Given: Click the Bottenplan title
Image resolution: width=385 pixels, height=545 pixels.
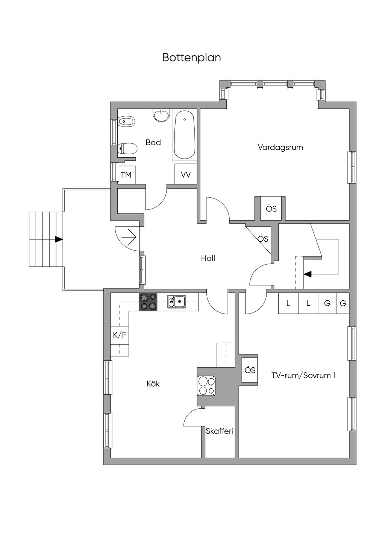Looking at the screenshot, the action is [191, 58].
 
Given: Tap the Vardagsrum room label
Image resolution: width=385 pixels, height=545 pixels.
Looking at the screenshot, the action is [280, 148].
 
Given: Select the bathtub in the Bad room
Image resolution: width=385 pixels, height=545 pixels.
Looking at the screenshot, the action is [185, 134].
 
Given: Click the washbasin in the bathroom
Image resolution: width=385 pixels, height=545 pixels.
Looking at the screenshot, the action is [161, 115].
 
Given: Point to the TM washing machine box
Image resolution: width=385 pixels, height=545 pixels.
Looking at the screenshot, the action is [127, 175].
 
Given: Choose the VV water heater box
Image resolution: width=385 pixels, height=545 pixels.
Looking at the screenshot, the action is [186, 174].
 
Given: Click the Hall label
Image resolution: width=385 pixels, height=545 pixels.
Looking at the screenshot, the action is [208, 258].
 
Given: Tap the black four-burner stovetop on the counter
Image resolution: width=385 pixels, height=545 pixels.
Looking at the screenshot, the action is [148, 302].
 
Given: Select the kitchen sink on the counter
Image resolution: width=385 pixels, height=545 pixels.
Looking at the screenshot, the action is [176, 301].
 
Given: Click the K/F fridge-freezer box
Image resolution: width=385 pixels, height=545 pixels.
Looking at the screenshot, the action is [120, 335].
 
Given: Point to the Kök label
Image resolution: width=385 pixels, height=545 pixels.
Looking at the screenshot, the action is [153, 384].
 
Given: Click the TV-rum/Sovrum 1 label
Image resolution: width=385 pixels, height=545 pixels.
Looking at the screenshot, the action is [303, 375].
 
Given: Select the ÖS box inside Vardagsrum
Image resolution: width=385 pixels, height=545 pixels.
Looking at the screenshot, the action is [271, 209].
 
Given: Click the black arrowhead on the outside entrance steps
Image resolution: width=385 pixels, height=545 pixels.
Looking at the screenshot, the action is [59, 239].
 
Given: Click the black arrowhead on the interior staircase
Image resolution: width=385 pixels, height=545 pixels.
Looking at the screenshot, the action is [308, 274].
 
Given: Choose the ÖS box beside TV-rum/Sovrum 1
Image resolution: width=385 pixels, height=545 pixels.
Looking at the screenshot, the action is [250, 370].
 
